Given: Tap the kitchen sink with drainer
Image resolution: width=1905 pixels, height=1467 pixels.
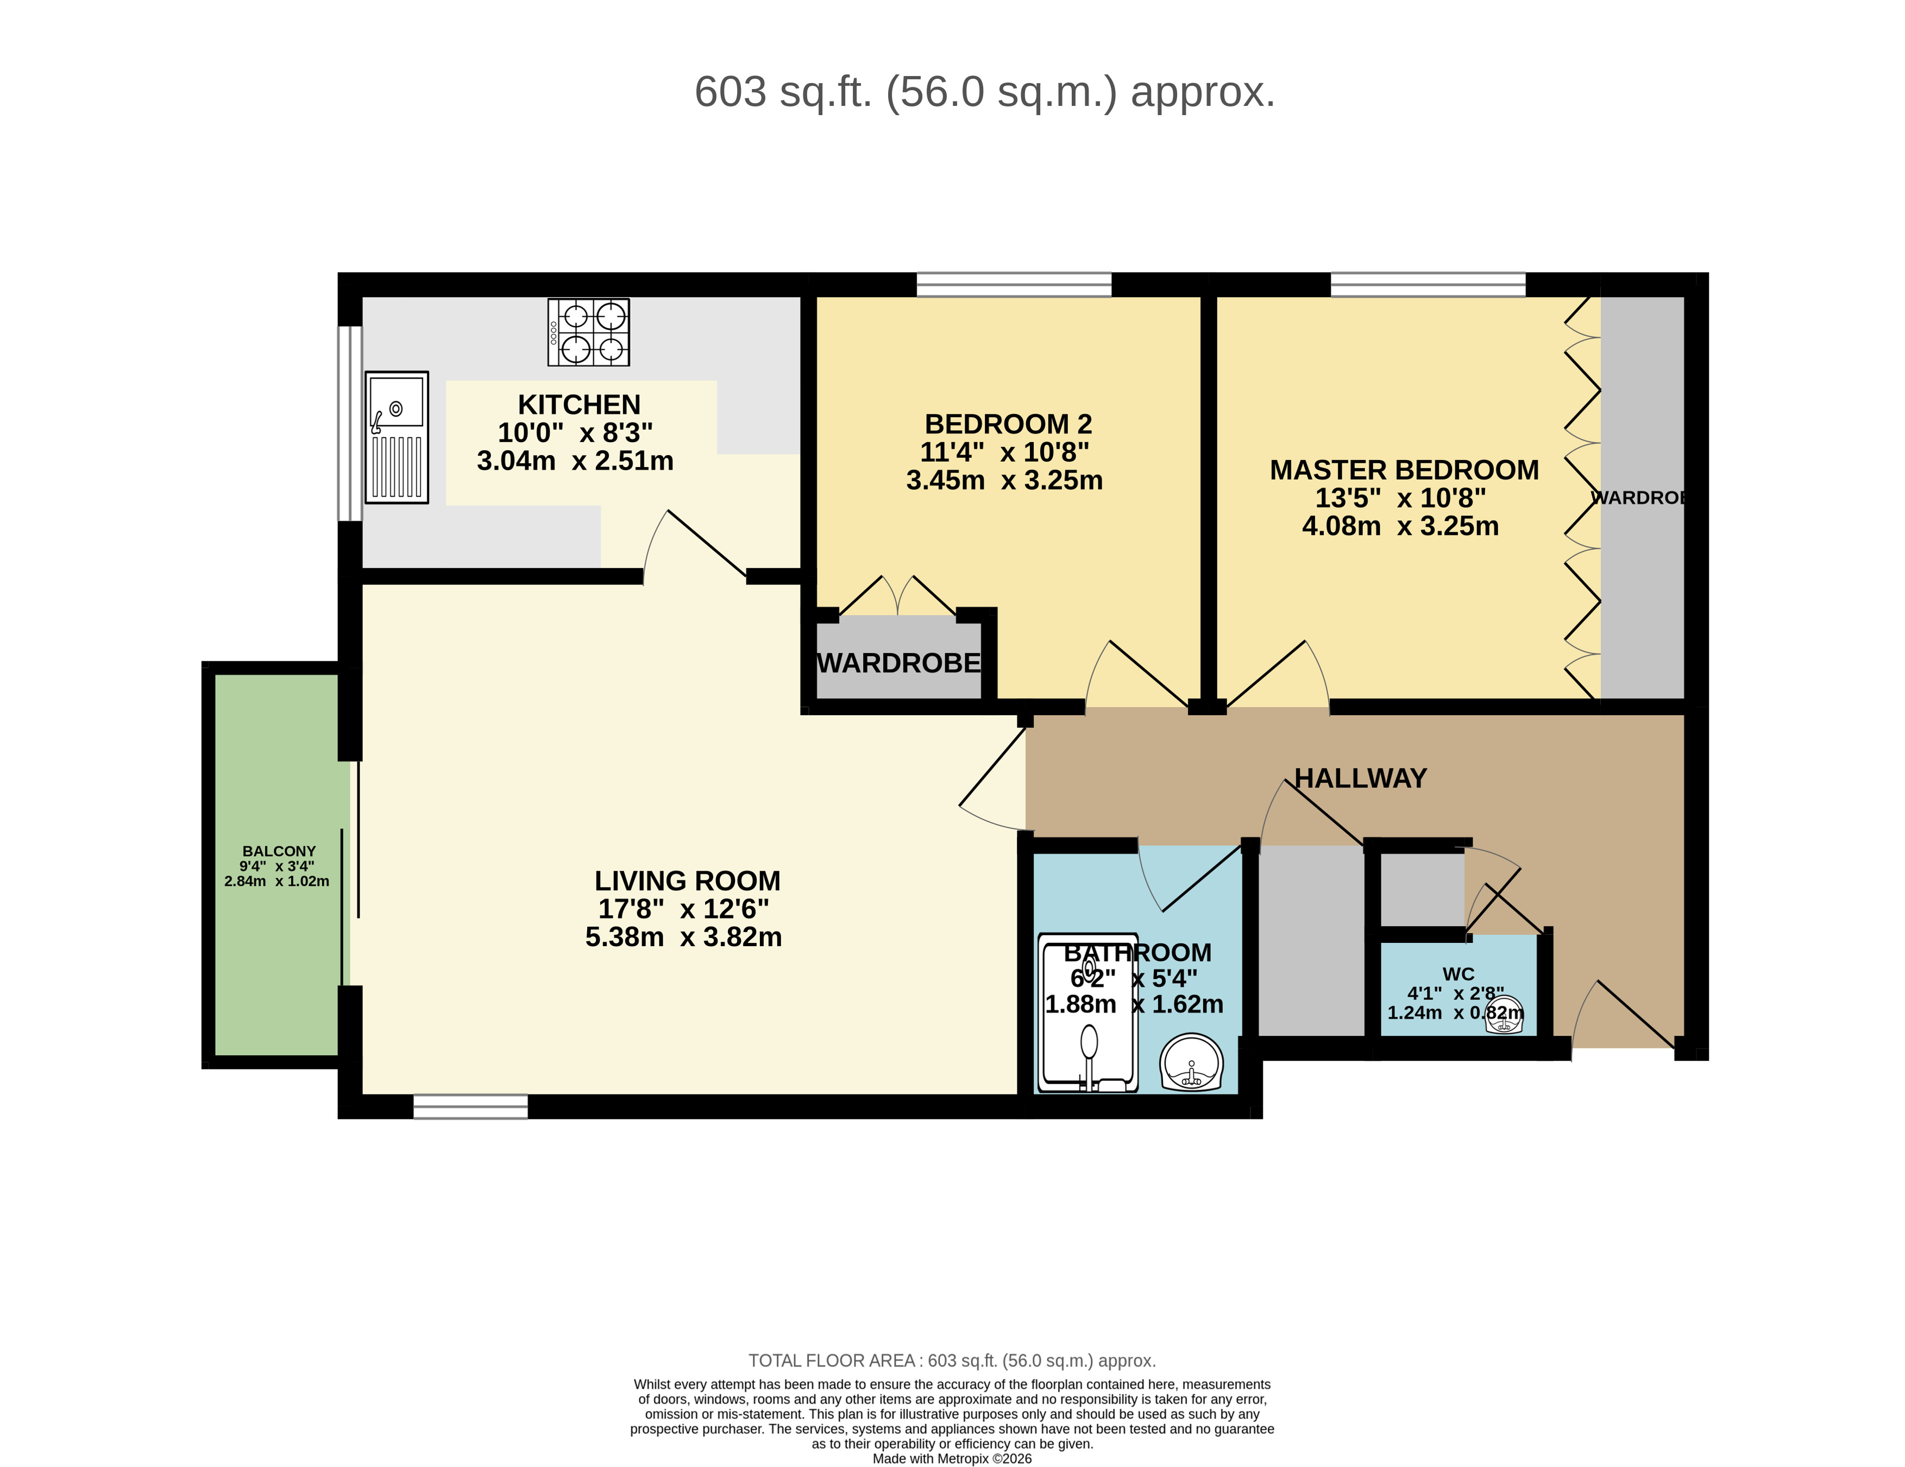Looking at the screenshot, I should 397,437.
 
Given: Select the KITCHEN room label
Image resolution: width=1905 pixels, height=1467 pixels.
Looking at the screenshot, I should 579,405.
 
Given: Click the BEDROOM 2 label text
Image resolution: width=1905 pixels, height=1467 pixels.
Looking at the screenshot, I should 1008,424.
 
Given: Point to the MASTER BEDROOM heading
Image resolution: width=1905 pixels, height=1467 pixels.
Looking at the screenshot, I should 1404,470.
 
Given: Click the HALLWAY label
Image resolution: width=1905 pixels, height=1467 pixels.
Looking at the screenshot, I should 1360,778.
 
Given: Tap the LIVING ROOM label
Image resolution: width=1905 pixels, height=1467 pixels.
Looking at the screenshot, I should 687,881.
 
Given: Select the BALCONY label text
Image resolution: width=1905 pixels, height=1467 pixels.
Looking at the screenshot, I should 279,851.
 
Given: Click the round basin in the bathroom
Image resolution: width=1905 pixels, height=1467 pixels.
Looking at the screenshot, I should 1191,1062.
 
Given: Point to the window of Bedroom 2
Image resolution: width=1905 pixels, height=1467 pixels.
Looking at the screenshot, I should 1014,285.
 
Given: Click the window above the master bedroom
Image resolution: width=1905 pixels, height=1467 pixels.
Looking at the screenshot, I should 1428,285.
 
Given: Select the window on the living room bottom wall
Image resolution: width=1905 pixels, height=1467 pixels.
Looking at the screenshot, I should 470,1107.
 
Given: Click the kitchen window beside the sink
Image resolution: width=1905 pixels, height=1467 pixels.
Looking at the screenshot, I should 350,424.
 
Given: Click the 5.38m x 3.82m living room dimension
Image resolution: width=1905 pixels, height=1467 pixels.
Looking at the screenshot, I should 683,937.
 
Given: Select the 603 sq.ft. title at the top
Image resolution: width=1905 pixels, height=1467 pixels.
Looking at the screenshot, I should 984,92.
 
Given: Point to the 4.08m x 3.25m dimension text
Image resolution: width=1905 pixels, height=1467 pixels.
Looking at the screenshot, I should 1400,526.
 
